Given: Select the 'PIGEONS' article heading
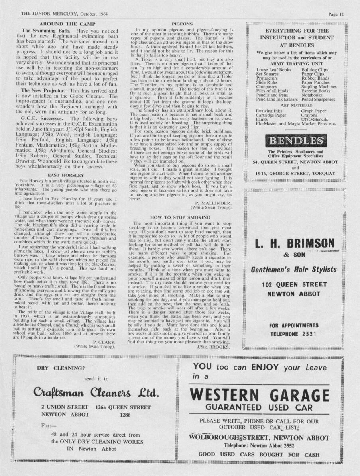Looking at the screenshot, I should tap(182, 24).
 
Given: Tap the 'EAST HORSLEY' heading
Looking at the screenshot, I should tap(66, 175).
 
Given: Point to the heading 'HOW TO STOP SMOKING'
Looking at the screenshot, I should tap(180, 217).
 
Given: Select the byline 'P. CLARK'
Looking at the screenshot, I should tap(104, 342).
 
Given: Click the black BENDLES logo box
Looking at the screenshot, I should tap(295, 141).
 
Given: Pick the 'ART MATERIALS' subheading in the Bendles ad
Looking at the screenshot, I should tap(295, 106).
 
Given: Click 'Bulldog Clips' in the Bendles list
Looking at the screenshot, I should tap(315, 70).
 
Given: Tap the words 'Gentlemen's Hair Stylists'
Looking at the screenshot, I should tap(294, 270).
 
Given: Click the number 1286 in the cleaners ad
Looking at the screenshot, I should tap(126, 415).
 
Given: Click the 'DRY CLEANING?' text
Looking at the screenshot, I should tap(61, 368).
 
